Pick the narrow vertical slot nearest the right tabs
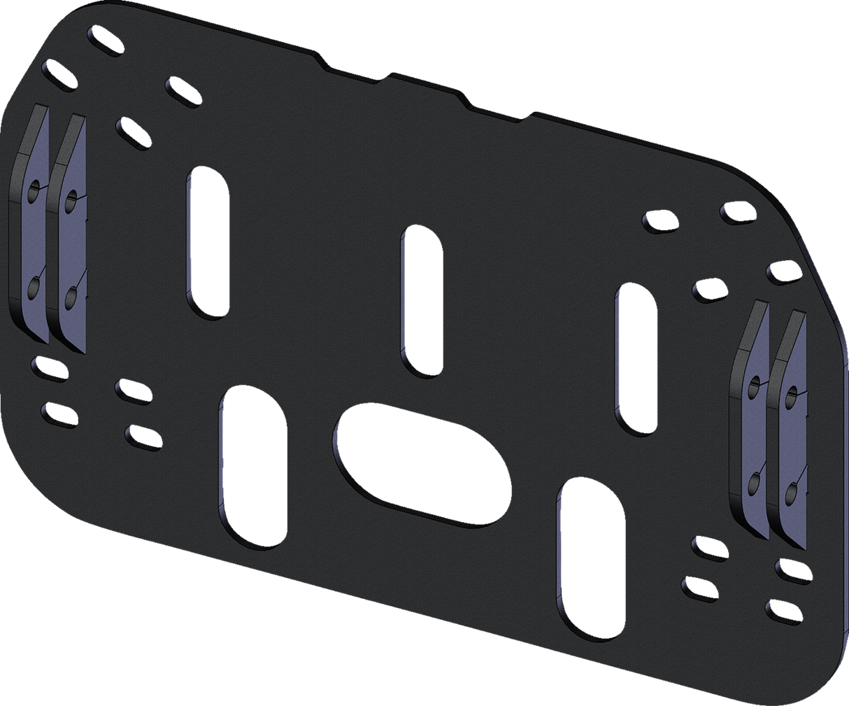coord(635,360)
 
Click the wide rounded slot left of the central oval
coord(253,466)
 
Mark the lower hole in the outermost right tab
coord(790,494)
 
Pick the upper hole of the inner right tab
coord(753,386)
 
